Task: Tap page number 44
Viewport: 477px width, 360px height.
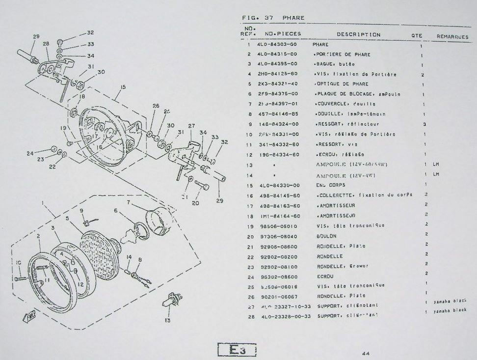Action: (x=366, y=353)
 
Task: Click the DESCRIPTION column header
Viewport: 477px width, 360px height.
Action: (x=358, y=34)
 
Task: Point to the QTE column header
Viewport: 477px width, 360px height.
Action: (x=417, y=35)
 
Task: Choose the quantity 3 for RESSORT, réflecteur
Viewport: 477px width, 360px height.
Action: (x=424, y=124)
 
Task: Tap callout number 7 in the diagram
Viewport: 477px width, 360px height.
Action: (x=128, y=202)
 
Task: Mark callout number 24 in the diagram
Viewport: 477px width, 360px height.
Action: (x=30, y=153)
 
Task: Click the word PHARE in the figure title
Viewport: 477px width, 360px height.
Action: (x=293, y=18)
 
